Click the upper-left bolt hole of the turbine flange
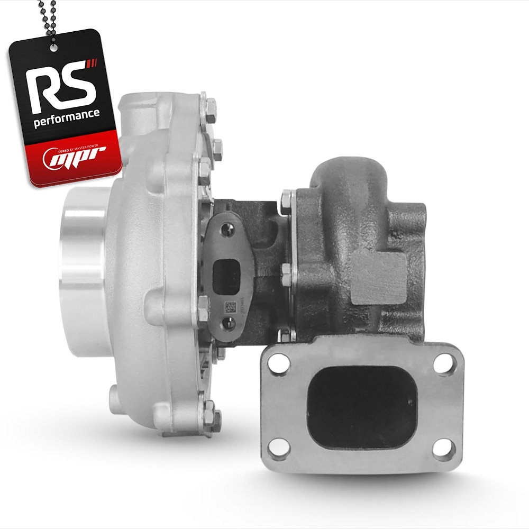[279, 362]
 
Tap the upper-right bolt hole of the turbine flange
[442, 363]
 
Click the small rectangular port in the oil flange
[223, 276]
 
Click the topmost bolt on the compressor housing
[211, 106]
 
